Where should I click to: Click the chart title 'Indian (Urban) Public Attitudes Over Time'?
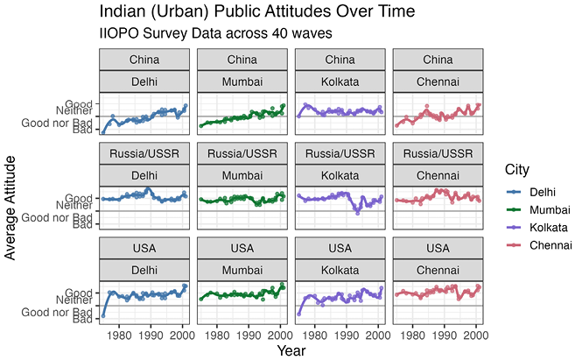(257, 11)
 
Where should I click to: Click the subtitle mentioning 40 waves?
(215, 33)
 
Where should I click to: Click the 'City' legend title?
(517, 170)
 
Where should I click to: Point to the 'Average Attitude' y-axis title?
(11, 208)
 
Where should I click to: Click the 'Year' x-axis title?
(291, 351)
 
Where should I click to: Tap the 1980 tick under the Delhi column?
(119, 335)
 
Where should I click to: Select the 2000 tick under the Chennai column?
(476, 335)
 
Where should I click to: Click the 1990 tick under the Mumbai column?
(249, 335)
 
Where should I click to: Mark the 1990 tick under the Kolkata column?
(347, 335)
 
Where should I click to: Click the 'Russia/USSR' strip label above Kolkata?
(340, 153)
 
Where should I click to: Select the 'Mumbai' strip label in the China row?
(242, 81)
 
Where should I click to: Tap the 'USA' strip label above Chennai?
(438, 248)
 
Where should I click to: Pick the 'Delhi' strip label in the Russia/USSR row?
(144, 175)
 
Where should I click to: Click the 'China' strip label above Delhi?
(144, 60)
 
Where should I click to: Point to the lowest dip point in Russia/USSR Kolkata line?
(358, 213)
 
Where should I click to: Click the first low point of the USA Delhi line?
(103, 316)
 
